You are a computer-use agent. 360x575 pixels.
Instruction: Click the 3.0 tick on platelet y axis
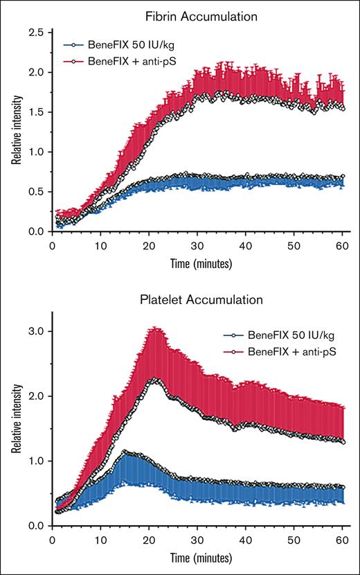[36, 331]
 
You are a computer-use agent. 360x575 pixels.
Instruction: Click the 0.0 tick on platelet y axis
[36, 526]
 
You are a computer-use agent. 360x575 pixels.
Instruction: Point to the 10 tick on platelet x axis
[101, 538]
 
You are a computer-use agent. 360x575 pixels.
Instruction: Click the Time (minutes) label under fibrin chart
[197, 263]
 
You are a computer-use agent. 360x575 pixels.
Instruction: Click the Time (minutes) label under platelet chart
[197, 557]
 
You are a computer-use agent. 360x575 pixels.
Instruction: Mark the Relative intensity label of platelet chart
[15, 421]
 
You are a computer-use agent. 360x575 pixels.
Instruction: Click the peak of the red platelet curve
[155, 380]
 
